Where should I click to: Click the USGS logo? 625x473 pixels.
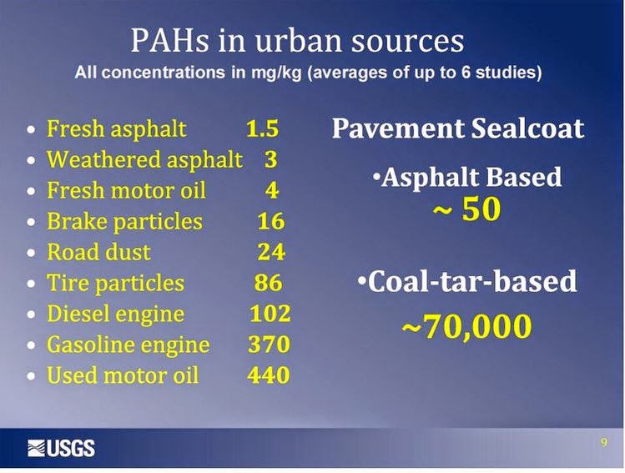pos(61,448)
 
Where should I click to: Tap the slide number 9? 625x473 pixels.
pos(604,442)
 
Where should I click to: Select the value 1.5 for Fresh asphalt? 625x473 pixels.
pos(262,128)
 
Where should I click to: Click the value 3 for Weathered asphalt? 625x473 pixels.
pos(270,159)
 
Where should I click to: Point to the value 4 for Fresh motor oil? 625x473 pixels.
pos(271,190)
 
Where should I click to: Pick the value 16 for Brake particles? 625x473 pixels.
pos(271,221)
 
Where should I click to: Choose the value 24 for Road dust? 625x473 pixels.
pos(271,252)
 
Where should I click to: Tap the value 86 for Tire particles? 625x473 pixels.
pos(268,283)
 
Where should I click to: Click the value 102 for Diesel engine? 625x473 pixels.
pos(270,314)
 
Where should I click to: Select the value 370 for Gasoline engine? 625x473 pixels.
pos(269,345)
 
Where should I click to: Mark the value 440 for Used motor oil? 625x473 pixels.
pos(269,375)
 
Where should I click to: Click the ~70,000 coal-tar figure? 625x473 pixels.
pos(466,326)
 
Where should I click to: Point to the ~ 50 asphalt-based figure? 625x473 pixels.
pos(466,209)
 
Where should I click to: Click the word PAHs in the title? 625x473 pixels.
pos(169,40)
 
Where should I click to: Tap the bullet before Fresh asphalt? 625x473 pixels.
pos(31,129)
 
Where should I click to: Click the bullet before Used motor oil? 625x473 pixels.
pos(31,375)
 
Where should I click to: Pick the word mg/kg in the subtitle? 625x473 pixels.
pos(276,73)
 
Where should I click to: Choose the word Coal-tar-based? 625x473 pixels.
pos(472,281)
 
